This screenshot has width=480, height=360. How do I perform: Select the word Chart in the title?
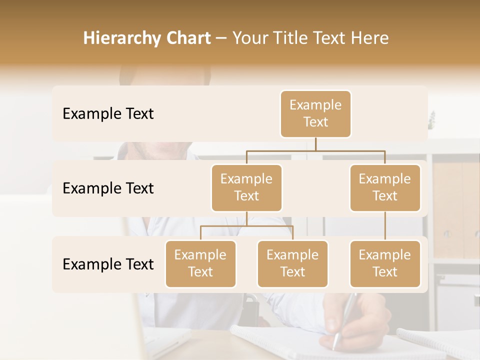click(x=187, y=38)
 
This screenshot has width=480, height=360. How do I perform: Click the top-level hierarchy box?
click(x=315, y=114)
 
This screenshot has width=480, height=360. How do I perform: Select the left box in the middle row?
click(x=246, y=188)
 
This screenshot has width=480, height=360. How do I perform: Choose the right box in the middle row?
click(x=385, y=188)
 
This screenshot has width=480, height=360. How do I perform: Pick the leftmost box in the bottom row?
click(x=200, y=264)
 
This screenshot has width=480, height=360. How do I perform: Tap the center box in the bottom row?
click(x=292, y=264)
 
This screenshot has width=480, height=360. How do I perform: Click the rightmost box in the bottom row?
click(x=385, y=264)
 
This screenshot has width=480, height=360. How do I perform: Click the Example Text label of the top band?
click(x=108, y=114)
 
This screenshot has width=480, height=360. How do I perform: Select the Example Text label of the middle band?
click(x=108, y=188)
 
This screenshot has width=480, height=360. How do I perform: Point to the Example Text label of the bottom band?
click(x=108, y=264)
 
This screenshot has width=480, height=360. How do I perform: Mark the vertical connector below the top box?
click(x=315, y=144)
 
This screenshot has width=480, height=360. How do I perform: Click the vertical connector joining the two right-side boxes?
click(x=385, y=226)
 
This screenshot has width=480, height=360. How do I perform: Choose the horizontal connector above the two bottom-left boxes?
click(x=246, y=226)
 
